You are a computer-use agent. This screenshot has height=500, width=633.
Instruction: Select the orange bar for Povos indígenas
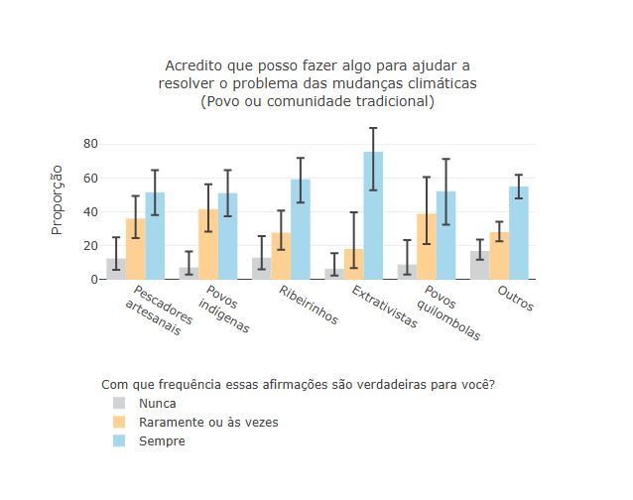[x=208, y=244]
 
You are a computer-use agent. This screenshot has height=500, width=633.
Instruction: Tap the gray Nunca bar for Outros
[x=479, y=265]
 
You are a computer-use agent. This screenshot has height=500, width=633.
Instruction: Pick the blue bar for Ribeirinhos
[x=301, y=229]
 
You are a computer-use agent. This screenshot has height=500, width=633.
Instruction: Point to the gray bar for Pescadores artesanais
[x=116, y=269]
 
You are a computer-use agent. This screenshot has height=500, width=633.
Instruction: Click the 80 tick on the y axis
[x=90, y=144]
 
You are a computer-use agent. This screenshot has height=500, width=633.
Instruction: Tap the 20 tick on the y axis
[x=90, y=246]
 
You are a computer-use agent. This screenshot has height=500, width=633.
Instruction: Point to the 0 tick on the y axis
[x=94, y=280]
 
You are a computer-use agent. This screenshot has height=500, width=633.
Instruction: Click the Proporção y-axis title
[x=58, y=201]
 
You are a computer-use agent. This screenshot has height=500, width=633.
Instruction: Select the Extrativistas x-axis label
[x=385, y=309]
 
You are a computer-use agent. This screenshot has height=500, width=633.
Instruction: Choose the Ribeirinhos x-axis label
[x=310, y=306]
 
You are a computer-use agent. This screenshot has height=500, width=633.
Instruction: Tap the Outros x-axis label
[x=516, y=299]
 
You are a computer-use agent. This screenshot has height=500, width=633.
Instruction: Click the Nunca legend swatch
[x=119, y=404]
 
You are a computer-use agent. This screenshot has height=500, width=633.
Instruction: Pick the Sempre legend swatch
[x=119, y=441]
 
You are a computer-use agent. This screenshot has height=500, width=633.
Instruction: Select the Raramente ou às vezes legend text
[x=208, y=423]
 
